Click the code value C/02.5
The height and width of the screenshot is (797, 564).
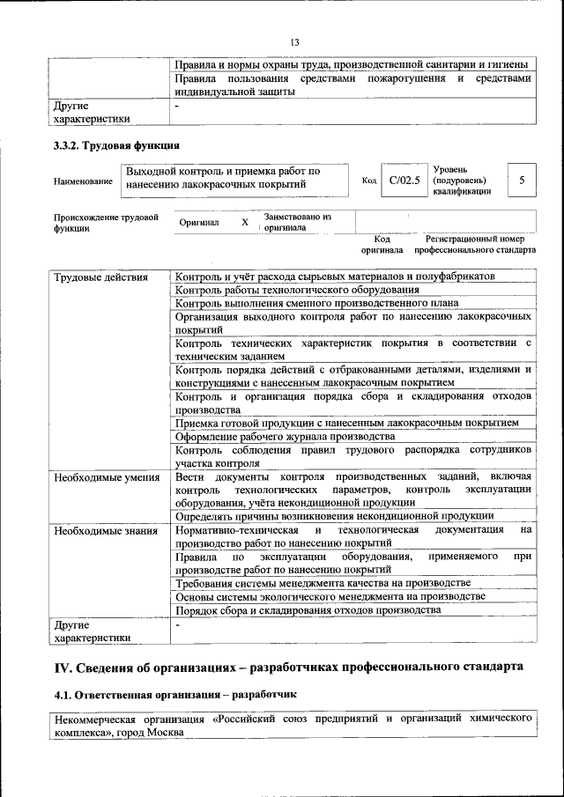404,180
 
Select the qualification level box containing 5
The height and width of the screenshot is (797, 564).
522,180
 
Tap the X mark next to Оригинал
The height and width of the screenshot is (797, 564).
245,222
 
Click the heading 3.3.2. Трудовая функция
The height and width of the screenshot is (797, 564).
116,145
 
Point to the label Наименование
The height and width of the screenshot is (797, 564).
83,181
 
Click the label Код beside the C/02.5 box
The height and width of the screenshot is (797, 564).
369,181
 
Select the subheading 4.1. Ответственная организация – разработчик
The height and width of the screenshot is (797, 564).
176,695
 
